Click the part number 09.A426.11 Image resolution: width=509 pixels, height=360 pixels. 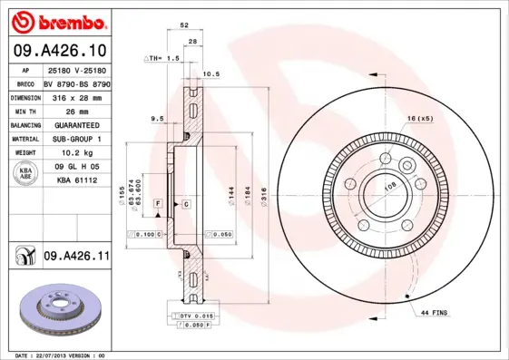(x=76, y=258)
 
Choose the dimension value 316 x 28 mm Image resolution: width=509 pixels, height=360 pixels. (x=77, y=96)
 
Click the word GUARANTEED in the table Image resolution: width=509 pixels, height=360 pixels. (x=77, y=124)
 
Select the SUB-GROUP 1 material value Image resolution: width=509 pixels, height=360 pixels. (x=77, y=139)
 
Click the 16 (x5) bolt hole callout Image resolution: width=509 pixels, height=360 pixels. (x=420, y=119)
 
